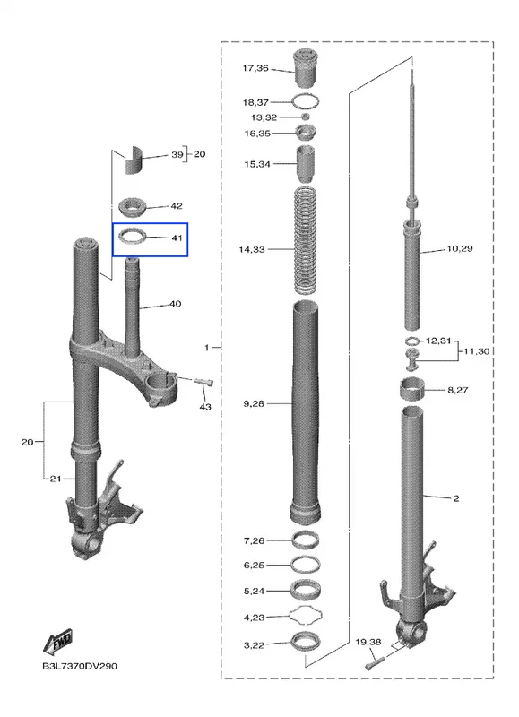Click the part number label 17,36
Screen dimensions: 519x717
pyautogui.click(x=255, y=68)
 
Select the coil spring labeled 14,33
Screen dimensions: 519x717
pyautogui.click(x=306, y=240)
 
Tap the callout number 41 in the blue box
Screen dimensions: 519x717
pyautogui.click(x=177, y=238)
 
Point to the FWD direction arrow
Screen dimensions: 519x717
pyautogui.click(x=57, y=640)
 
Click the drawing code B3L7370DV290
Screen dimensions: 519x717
pyautogui.click(x=80, y=666)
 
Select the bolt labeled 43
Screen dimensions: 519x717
pyautogui.click(x=203, y=383)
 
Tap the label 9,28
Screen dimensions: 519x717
pyautogui.click(x=254, y=404)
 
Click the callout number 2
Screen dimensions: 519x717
pyautogui.click(x=456, y=498)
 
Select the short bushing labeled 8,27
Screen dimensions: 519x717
pyautogui.click(x=412, y=390)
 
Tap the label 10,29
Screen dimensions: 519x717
pyautogui.click(x=460, y=249)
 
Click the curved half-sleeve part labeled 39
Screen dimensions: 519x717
pyautogui.click(x=134, y=160)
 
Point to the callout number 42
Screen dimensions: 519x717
pyautogui.click(x=177, y=206)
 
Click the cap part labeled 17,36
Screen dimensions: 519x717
pyautogui.click(x=306, y=68)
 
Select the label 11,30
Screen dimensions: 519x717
pyautogui.click(x=476, y=351)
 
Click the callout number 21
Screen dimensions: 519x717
pyautogui.click(x=56, y=479)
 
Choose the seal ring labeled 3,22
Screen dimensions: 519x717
pyautogui.click(x=306, y=641)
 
